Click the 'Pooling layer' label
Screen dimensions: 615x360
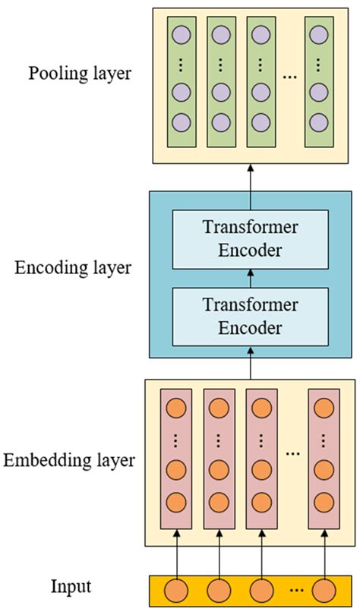[x=79, y=74]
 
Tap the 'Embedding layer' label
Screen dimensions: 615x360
[x=69, y=460]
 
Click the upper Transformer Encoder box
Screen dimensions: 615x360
[x=251, y=240]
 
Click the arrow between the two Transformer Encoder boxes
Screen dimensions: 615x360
[x=251, y=278]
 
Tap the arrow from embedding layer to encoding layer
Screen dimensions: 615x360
[x=251, y=367]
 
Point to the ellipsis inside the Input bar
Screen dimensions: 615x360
[x=295, y=590]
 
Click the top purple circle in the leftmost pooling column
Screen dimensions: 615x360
[x=179, y=35]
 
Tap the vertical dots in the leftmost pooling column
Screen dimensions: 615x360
[x=179, y=64]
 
